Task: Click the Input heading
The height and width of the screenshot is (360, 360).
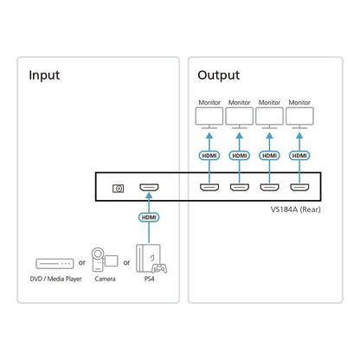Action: (x=44, y=75)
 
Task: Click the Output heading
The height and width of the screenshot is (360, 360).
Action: (x=218, y=75)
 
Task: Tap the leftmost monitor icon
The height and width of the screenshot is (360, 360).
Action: (x=209, y=118)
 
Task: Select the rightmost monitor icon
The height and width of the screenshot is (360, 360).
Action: (x=299, y=118)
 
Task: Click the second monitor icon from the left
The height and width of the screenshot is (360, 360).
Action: (x=240, y=118)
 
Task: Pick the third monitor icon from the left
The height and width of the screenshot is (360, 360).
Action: (x=269, y=118)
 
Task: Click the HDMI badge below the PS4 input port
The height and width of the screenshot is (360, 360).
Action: (x=149, y=217)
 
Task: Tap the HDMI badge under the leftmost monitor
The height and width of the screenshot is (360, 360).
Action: (x=209, y=156)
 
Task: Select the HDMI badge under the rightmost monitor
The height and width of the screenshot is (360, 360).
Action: (x=299, y=156)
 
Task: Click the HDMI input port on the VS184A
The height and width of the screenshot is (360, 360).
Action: (x=149, y=188)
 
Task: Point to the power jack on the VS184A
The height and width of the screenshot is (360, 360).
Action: (x=118, y=189)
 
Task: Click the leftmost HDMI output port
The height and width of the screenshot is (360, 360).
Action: (x=209, y=188)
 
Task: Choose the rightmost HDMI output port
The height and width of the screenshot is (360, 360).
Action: (x=299, y=188)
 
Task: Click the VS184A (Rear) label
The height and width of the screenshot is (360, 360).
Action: (x=295, y=209)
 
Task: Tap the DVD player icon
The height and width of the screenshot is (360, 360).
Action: (x=55, y=264)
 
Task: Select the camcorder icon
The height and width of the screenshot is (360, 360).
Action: (x=105, y=260)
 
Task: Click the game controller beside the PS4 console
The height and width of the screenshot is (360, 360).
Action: (x=159, y=269)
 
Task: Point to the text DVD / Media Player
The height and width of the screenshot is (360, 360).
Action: (x=55, y=279)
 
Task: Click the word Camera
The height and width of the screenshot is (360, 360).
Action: (x=105, y=279)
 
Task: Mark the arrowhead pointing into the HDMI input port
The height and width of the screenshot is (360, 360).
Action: (x=149, y=196)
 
